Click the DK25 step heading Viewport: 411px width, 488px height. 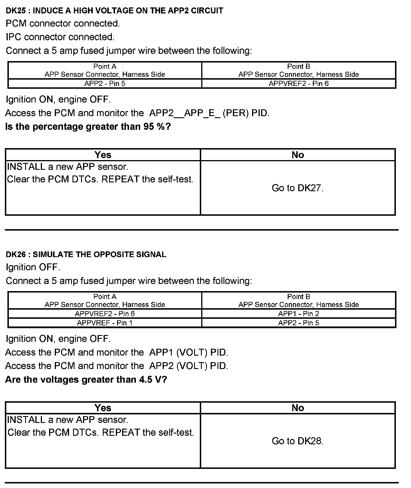point(114,11)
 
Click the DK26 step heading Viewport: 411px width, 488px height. point(86,255)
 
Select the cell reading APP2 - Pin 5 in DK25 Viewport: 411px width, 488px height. point(105,84)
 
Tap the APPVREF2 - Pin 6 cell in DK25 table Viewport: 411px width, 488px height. point(299,84)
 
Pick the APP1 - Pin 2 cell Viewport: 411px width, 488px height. point(299,314)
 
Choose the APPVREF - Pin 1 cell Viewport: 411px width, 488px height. point(105,323)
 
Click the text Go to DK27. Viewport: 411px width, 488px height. point(297,188)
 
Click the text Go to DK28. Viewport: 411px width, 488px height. point(297,441)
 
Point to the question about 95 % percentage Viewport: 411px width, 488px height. point(88,127)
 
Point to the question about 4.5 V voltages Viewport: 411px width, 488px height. point(86,380)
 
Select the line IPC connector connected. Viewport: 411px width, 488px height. point(60,37)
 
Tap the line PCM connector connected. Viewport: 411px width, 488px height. point(63,23)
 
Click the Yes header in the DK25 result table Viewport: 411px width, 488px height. point(103,155)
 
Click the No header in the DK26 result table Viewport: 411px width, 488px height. point(298,408)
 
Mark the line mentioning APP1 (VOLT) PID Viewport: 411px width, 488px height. point(116,353)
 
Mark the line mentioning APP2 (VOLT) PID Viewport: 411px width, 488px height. point(116,366)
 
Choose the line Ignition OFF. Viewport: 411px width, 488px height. point(33,267)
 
